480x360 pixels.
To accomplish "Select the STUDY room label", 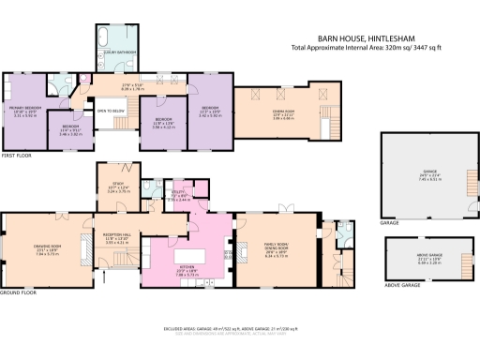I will (x=117, y=187).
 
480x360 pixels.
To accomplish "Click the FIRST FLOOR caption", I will (x=16, y=156).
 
